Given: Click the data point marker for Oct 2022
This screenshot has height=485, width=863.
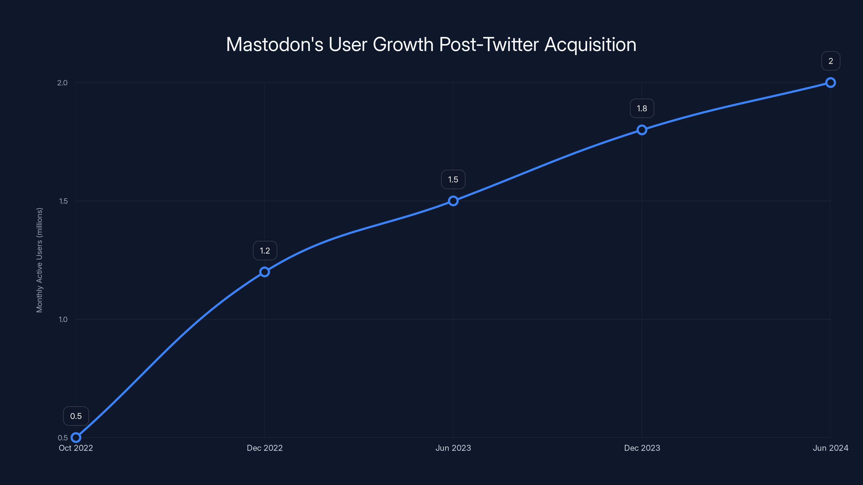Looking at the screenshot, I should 76,438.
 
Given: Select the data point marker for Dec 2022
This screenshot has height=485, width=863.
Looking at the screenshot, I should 265,272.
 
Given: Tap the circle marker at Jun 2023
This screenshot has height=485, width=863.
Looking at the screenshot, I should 453,201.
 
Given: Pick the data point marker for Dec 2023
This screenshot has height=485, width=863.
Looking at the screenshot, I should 642,130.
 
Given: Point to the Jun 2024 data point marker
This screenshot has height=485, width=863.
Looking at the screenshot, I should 831,82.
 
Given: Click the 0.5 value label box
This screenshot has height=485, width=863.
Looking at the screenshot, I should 76,416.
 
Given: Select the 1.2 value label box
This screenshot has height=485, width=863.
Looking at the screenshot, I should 265,251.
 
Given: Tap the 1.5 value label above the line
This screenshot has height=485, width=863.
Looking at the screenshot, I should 453,180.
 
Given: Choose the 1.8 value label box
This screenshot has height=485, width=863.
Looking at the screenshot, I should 642,108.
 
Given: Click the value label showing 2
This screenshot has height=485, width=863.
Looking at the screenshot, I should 831,61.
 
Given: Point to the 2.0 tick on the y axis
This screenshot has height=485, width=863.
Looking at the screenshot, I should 62,83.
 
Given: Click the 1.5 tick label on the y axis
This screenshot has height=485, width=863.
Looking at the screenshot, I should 63,201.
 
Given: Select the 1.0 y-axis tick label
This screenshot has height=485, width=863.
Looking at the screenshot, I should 63,320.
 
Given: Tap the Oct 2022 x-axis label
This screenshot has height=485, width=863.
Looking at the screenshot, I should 76,448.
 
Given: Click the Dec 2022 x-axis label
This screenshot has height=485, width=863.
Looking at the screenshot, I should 265,448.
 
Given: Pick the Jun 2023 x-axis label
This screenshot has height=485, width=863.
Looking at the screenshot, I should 453,448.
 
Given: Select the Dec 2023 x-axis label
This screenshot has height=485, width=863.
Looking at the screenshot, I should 642,448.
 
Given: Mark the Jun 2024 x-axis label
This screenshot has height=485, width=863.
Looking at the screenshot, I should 831,448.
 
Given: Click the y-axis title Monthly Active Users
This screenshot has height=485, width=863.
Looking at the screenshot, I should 40,260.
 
